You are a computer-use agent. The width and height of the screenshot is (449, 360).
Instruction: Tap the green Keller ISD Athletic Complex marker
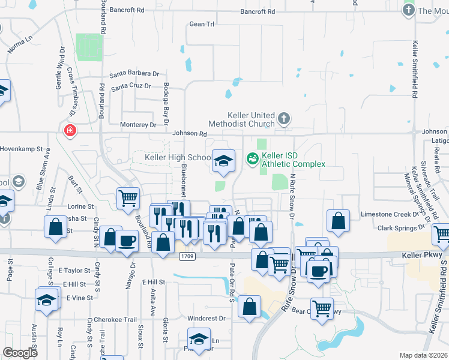pyautogui.click(x=253, y=158)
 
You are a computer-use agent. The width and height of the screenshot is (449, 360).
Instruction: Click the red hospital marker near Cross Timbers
pyautogui.click(x=70, y=130)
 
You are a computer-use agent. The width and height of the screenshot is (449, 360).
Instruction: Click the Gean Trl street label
pyautogui.click(x=202, y=24)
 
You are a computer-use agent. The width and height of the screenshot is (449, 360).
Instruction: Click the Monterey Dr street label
pyautogui.click(x=137, y=124)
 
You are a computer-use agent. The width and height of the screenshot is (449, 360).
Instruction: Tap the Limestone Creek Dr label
pyautogui.click(x=389, y=214)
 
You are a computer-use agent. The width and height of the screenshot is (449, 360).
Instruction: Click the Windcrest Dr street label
pyautogui.click(x=205, y=318)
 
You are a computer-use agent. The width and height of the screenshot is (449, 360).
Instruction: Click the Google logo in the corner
pyautogui.click(x=20, y=353)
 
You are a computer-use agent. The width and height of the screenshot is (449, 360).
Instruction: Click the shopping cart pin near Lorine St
pyautogui.click(x=128, y=198)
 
